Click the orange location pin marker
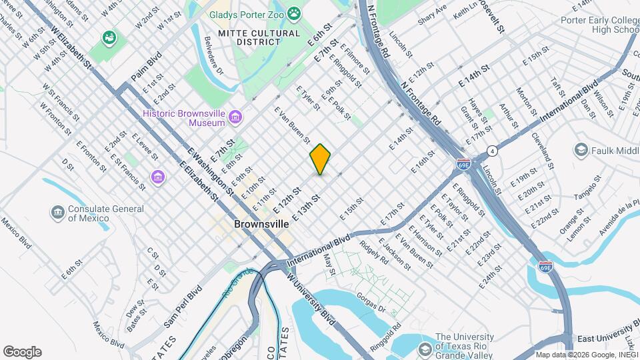320,159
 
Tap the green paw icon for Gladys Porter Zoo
294,13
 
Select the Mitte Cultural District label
249,37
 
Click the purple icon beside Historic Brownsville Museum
235,118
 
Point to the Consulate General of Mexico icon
58,213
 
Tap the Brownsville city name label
261,225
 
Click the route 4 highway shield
491,150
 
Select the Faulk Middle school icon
580,150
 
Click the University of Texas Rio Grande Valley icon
425,349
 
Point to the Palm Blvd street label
146,69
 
